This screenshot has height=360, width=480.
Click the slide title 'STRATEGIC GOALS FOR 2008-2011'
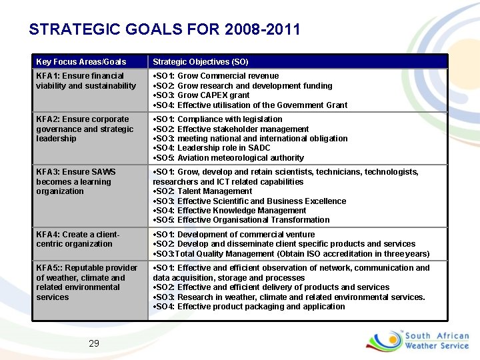(165, 29)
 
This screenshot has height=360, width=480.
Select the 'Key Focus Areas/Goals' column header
(81, 62)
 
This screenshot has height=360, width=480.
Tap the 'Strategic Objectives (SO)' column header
(201, 62)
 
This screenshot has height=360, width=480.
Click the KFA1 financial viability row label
(85, 81)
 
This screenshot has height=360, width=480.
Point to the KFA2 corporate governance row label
(85, 129)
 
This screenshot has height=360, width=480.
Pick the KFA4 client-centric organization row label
(77, 239)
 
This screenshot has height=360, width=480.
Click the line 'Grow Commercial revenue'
(217, 76)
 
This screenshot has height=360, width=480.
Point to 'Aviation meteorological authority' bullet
(229, 158)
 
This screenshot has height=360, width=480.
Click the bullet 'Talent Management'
(203, 191)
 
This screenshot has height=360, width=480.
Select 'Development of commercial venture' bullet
(234, 235)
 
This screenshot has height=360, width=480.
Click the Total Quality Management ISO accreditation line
(291, 254)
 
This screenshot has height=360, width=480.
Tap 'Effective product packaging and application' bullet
(249, 307)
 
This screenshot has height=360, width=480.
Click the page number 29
(94, 343)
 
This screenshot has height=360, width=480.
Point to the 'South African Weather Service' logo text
(437, 341)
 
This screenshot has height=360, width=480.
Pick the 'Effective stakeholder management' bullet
(231, 129)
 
